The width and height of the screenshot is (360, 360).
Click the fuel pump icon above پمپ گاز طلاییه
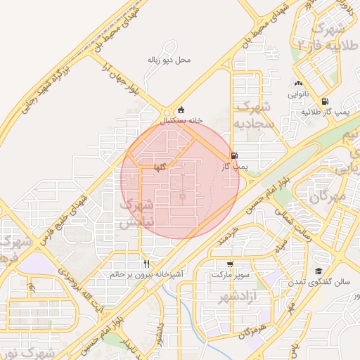(x=324, y=101)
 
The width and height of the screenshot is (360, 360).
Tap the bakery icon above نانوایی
(x=297, y=83)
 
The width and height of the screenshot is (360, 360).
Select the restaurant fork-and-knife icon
(x=146, y=263)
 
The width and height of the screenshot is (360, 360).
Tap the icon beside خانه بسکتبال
(x=181, y=110)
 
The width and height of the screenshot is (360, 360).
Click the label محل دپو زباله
(x=169, y=60)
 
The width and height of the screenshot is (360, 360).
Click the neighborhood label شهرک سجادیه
(x=252, y=115)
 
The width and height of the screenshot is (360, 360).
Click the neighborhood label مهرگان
(x=328, y=196)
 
